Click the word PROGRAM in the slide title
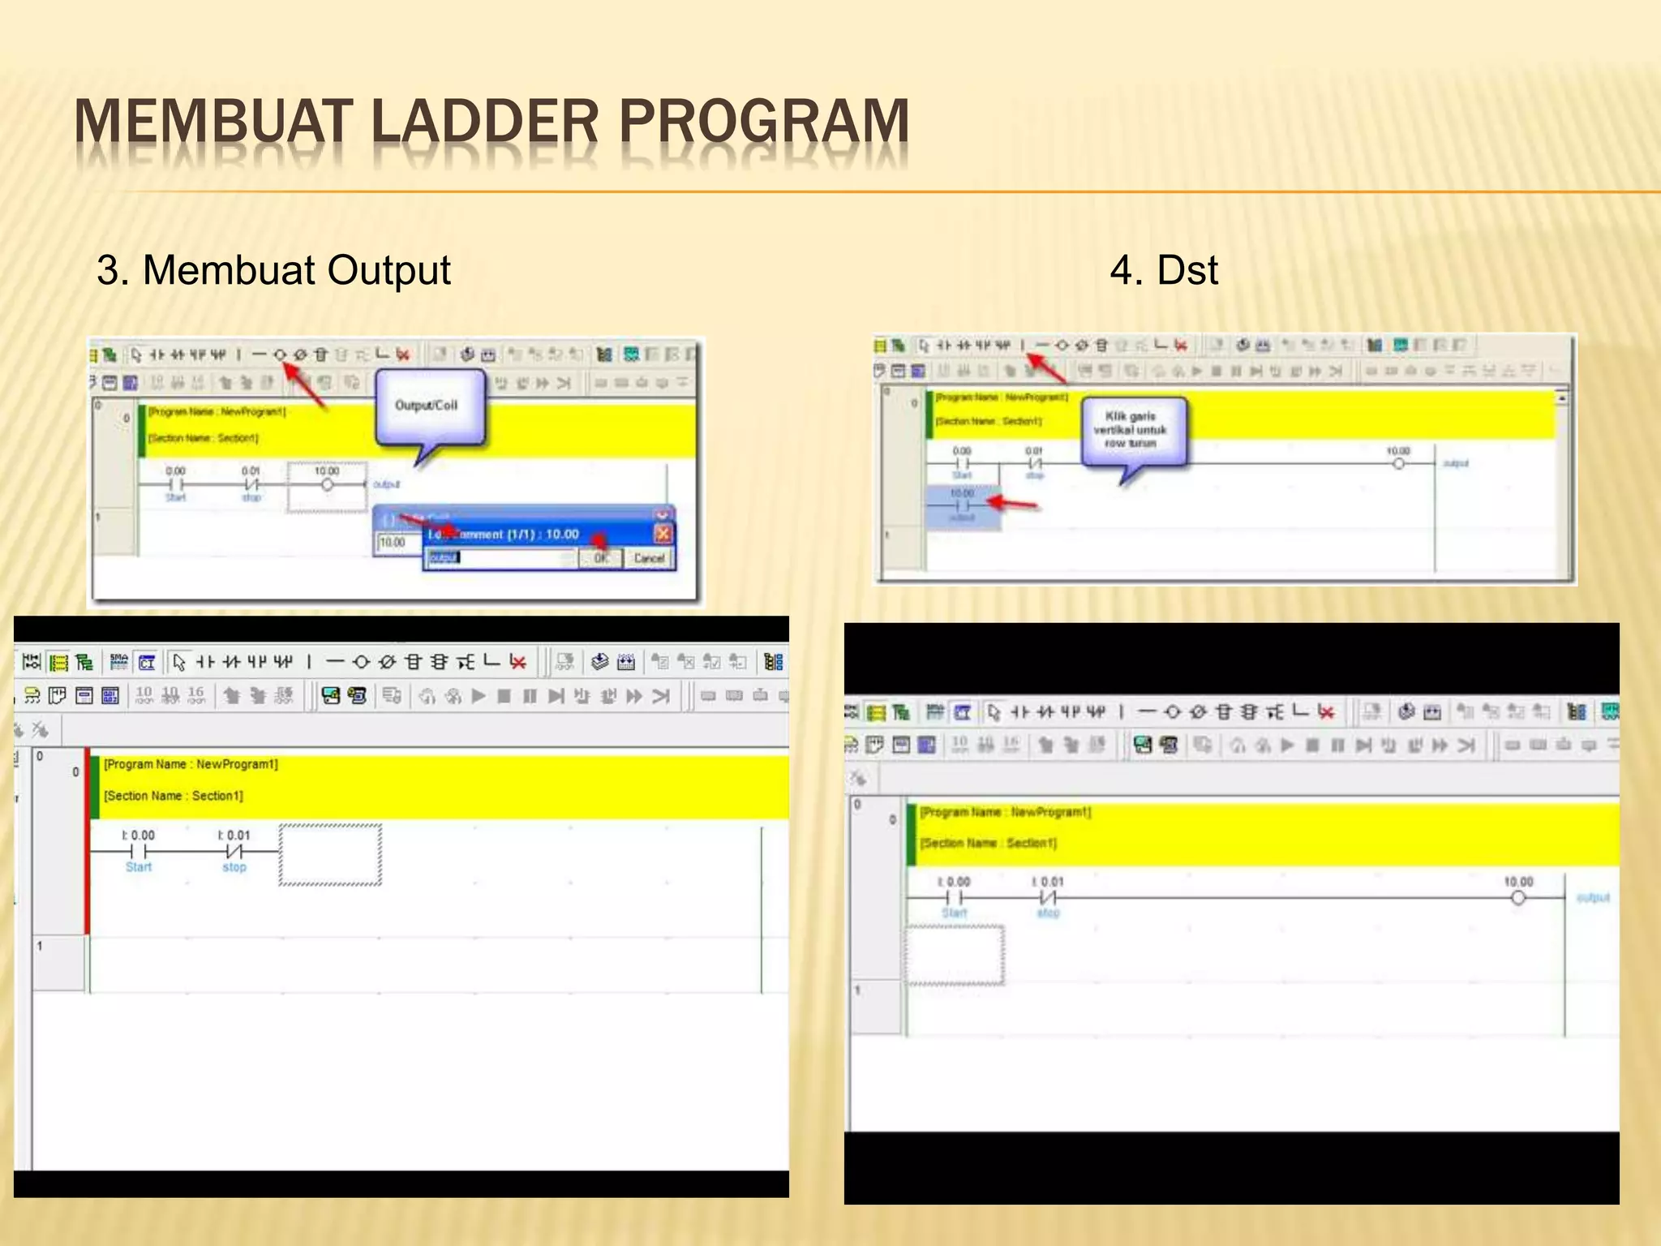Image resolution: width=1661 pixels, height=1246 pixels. [763, 122]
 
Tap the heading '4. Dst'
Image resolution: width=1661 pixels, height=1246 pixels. [1163, 270]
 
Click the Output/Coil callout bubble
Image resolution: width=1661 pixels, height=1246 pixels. [428, 406]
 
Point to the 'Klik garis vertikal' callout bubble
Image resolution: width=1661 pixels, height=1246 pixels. [1132, 430]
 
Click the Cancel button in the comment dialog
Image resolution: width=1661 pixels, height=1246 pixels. [649, 558]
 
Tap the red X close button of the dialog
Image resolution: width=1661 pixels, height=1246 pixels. [663, 533]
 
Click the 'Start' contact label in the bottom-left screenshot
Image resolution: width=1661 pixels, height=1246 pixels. [139, 867]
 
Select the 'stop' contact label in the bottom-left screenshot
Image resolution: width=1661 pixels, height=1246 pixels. [234, 867]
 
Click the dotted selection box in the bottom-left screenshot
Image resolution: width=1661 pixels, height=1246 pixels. [330, 855]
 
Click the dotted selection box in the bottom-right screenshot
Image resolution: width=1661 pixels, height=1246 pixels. [955, 955]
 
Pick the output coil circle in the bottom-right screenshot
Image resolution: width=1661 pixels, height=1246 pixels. [1518, 898]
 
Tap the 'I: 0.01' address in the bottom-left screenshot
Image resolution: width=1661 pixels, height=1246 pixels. [234, 835]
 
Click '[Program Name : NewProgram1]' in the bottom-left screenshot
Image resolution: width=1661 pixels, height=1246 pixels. [191, 764]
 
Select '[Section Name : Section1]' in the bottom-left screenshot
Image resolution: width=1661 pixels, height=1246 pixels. [174, 796]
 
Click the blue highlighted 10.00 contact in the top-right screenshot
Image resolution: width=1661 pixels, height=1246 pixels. [962, 505]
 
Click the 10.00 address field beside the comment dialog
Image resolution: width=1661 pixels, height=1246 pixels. [394, 543]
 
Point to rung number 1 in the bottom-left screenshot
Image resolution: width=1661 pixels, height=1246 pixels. [40, 946]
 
